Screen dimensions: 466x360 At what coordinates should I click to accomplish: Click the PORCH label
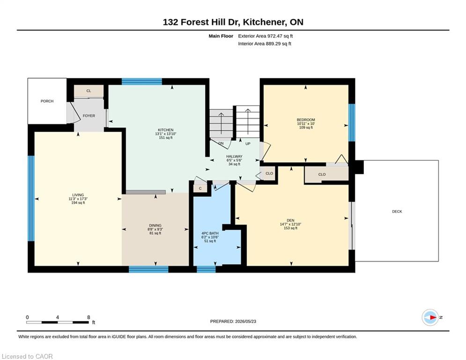point(47,101)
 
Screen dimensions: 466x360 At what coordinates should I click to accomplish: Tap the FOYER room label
point(89,116)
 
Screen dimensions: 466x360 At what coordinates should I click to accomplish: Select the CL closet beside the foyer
point(89,91)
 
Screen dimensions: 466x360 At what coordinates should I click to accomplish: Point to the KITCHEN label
point(165,130)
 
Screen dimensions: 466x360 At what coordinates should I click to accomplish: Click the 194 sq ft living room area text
point(78,202)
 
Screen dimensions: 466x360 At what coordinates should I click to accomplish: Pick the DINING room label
point(155,225)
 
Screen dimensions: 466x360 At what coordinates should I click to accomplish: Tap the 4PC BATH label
point(210,233)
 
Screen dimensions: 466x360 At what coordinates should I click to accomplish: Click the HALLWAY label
point(234,156)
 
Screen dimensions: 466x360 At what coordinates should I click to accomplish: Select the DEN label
point(290,220)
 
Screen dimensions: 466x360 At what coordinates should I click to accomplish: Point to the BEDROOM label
point(306,120)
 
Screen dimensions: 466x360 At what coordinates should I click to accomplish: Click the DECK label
point(397,211)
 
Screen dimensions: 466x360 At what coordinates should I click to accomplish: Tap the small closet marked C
point(200,188)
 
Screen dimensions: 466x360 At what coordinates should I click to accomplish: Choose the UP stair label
point(248,144)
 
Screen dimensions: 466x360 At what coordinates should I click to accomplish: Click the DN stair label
point(221,143)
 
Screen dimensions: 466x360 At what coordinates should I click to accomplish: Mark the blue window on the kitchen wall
point(142,82)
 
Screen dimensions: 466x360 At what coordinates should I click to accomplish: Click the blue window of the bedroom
point(352,122)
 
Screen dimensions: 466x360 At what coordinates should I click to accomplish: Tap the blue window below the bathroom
point(206,269)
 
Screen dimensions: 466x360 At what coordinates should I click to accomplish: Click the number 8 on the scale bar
point(89,317)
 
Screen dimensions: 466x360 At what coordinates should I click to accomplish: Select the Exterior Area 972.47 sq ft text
point(266,36)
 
